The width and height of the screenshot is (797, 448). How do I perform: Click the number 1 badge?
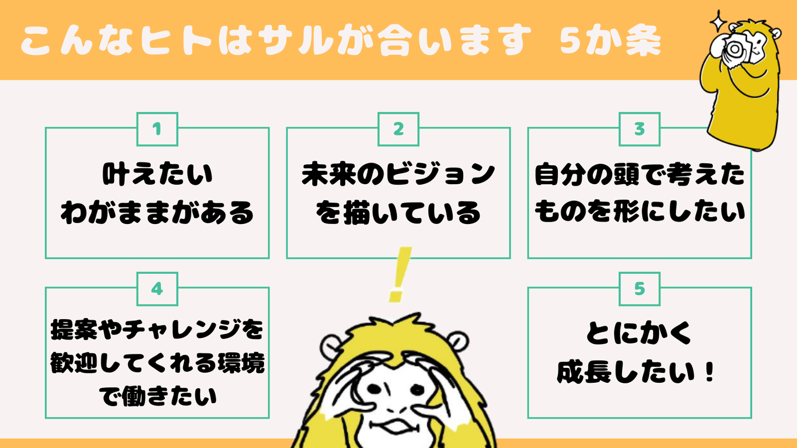pos(157,129)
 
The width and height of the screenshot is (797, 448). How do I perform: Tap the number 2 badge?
pos(398,129)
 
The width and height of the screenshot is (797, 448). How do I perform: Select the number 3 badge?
pos(640,129)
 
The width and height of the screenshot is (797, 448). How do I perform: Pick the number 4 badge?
pos(157,289)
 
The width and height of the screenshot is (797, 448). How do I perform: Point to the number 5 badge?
pos(640,289)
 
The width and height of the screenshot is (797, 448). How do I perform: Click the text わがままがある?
pos(157,213)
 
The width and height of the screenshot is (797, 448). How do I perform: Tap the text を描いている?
pos(398,213)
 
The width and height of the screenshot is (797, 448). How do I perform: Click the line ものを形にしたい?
pos(640,213)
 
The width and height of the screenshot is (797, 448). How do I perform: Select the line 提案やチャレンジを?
pos(157,331)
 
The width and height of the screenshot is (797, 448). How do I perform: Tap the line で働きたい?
pos(157,397)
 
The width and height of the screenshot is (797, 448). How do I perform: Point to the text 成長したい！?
pos(640,373)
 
